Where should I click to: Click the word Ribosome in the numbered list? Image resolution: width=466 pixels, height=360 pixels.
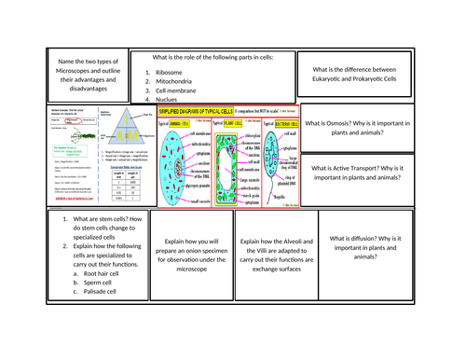click(x=170, y=71)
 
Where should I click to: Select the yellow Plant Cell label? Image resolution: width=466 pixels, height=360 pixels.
click(x=234, y=123)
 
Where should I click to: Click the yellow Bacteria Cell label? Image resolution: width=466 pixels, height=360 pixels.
click(x=278, y=123)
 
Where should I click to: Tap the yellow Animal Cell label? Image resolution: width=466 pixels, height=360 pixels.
click(x=176, y=123)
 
